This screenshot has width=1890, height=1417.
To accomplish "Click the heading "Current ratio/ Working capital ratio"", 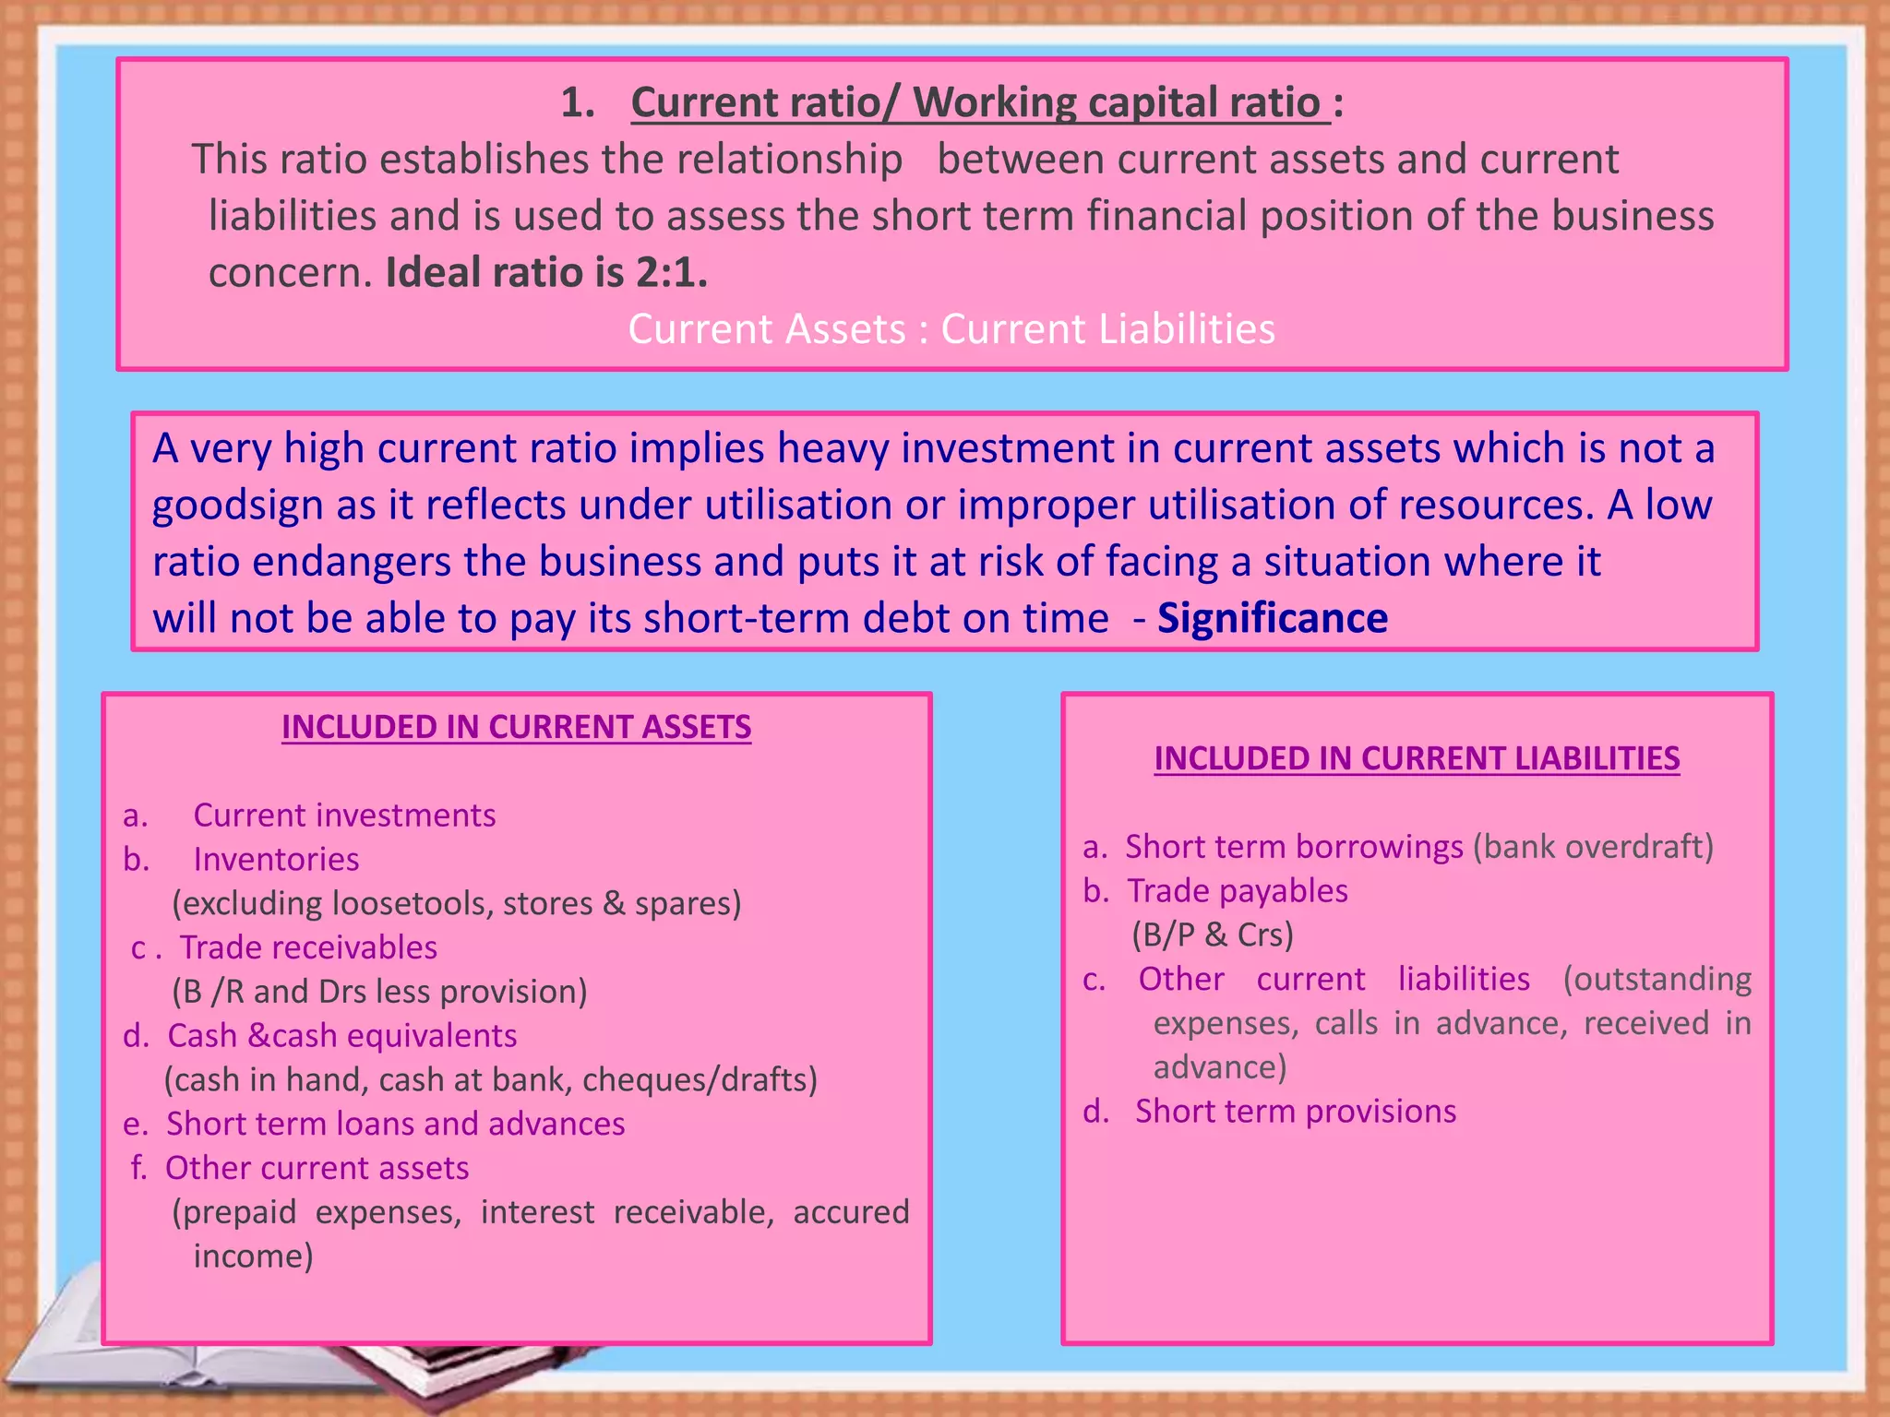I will click(980, 102).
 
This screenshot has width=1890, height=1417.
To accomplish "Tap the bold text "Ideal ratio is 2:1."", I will click(546, 273).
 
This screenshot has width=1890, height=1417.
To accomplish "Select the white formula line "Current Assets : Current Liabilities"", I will click(951, 329).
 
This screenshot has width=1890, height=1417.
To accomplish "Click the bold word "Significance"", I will click(1272, 618).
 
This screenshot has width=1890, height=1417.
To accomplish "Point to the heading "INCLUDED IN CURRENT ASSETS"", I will click(516, 727).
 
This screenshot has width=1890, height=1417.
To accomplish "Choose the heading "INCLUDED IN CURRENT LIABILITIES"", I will click(1417, 758).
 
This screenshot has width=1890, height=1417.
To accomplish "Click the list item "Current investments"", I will click(344, 816).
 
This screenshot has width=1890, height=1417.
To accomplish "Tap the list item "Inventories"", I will click(276, 860).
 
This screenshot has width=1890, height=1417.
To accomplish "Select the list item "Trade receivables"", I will click(308, 947).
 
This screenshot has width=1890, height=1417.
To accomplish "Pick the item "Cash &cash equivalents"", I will click(341, 1036).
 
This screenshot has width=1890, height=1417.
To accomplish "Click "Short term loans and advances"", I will click(395, 1124).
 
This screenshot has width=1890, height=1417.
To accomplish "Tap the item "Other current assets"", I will click(317, 1168).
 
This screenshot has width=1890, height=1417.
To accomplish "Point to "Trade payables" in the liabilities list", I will click(1237, 891).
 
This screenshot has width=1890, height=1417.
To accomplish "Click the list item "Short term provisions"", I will click(1296, 1112).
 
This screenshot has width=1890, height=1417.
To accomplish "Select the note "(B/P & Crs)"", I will click(1213, 935).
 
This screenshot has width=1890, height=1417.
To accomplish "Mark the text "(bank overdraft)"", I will click(1593, 847).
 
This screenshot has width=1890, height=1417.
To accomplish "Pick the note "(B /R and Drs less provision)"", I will click(379, 992).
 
